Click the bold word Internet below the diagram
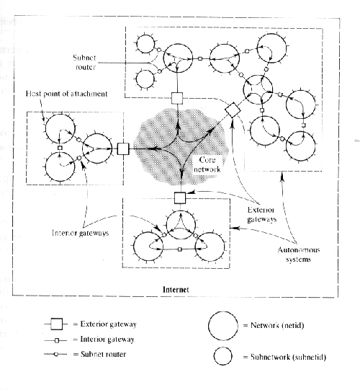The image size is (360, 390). (x=176, y=290)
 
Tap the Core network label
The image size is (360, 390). (x=207, y=164)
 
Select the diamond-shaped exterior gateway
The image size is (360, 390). (x=233, y=110)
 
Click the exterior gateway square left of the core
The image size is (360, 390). (x=123, y=149)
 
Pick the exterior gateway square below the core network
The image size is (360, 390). (x=180, y=198)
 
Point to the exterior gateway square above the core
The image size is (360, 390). (x=177, y=98)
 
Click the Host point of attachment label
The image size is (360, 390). (x=66, y=94)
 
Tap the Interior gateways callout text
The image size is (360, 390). (x=80, y=233)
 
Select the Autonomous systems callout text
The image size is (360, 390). (x=299, y=254)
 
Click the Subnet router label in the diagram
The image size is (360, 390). (x=84, y=62)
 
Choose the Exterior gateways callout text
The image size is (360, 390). (x=261, y=214)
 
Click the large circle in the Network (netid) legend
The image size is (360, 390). (x=223, y=326)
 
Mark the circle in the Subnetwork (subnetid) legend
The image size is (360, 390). (x=223, y=356)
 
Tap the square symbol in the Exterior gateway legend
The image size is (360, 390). (x=56, y=324)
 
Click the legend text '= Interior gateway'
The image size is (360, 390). (x=104, y=340)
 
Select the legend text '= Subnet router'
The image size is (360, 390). (x=99, y=354)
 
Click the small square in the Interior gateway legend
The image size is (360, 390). (x=57, y=340)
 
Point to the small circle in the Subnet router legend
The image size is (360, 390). (x=56, y=354)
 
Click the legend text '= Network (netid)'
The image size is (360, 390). (x=274, y=325)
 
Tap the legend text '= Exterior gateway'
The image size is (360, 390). (x=104, y=324)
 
